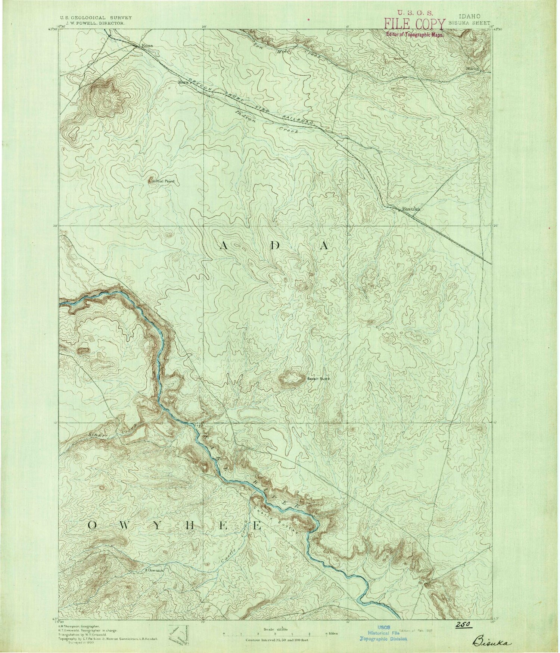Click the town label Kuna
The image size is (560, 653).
(x=147, y=45)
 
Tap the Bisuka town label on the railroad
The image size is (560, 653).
(x=412, y=210)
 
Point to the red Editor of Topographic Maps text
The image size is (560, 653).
(x=414, y=34)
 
